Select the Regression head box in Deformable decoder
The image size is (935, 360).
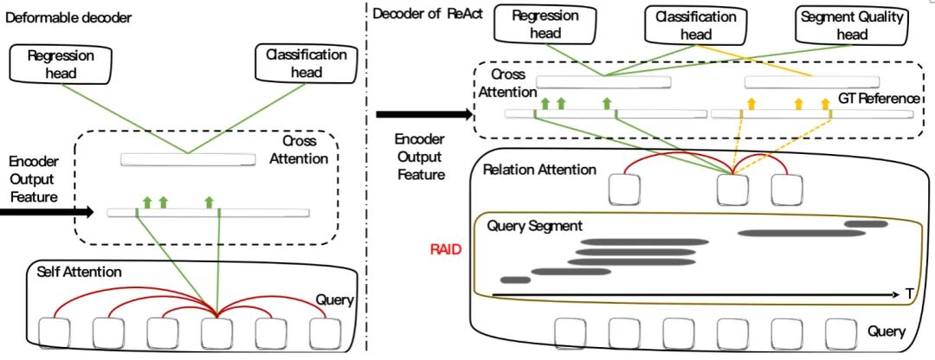coord(61,64)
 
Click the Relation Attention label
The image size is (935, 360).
coord(540,170)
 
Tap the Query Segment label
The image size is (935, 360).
coord(535,226)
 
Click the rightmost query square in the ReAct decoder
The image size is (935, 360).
coord(841,333)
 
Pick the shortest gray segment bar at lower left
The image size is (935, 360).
coord(515,280)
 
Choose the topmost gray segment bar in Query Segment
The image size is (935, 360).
coord(865,224)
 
